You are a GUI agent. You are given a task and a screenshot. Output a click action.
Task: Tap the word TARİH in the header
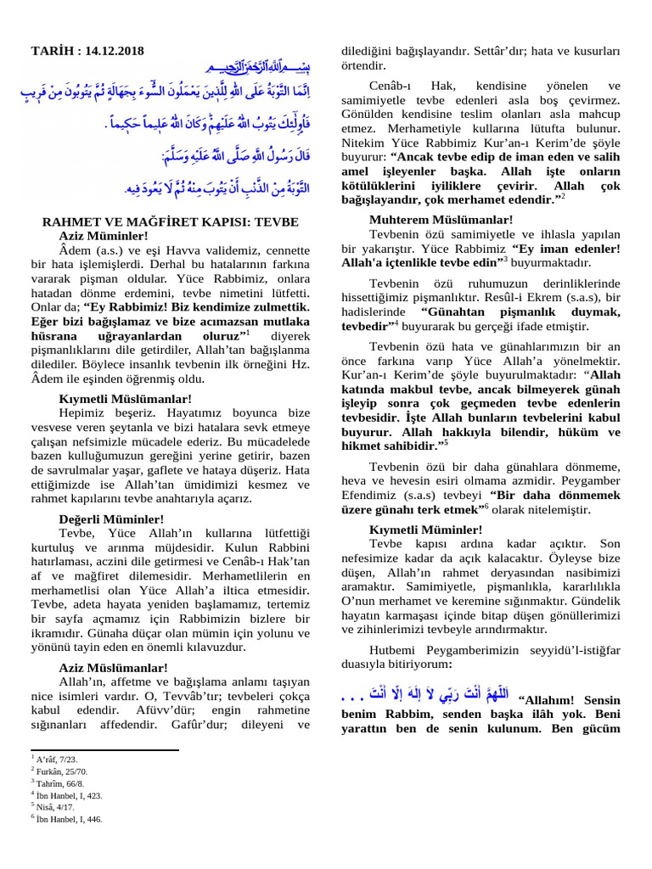pos(53,52)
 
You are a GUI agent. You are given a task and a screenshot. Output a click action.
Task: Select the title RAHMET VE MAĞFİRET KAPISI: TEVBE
pos(170,222)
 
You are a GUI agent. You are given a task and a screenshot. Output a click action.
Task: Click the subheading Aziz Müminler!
pos(104,235)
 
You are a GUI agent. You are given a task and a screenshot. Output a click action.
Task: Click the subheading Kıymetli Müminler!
pos(414,530)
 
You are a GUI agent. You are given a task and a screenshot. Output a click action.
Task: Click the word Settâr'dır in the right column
pos(495,52)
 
